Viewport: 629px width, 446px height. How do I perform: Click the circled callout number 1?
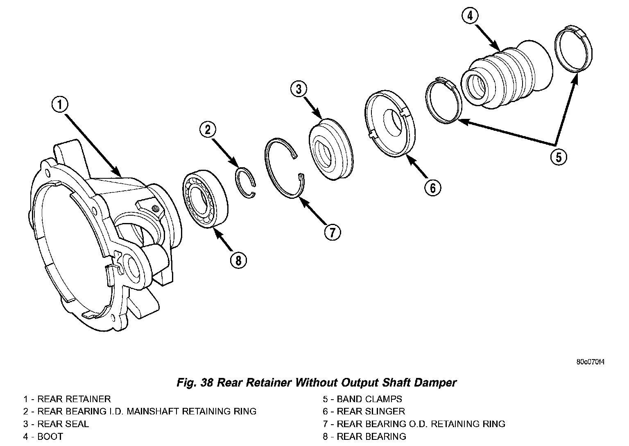pos(60,105)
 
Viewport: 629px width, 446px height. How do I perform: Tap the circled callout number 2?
pos(208,130)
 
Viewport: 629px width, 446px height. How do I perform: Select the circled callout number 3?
pos(299,89)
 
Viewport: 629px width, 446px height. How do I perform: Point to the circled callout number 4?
pos(470,16)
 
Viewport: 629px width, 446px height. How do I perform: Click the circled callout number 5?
pos(559,157)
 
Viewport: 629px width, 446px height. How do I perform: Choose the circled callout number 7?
pos(333,232)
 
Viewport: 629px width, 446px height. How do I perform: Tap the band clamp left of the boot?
pos(444,100)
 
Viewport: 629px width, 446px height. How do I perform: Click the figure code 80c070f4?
pos(591,362)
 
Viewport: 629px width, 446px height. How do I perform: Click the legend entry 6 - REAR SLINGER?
pos(364,411)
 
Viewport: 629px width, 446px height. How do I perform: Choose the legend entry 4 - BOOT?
pos(43,437)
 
